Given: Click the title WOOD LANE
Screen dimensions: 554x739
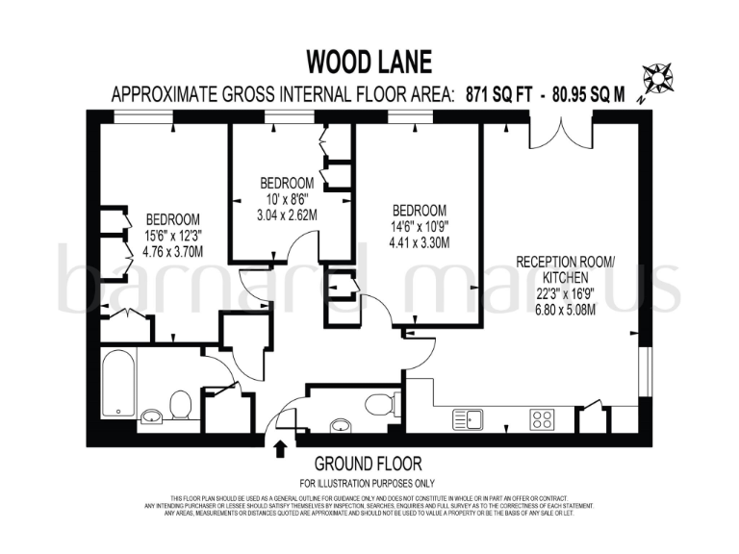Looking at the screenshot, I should coord(369,63).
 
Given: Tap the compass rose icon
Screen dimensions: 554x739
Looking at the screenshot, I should coord(660,76).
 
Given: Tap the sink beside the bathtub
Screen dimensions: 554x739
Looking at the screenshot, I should coord(152,416).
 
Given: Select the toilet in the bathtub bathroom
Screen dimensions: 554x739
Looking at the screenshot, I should coord(179,408).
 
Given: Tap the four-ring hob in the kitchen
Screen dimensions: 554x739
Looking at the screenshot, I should coord(542,418).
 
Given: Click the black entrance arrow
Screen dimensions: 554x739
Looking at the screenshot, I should coord(281,447).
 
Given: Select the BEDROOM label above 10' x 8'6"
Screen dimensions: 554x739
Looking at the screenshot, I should coord(287,183).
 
